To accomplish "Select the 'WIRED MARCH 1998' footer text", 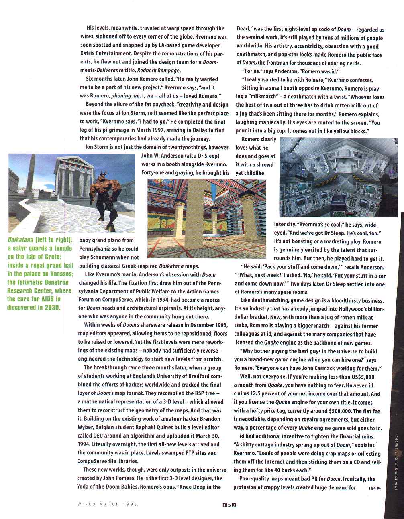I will (x=107, y=504).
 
